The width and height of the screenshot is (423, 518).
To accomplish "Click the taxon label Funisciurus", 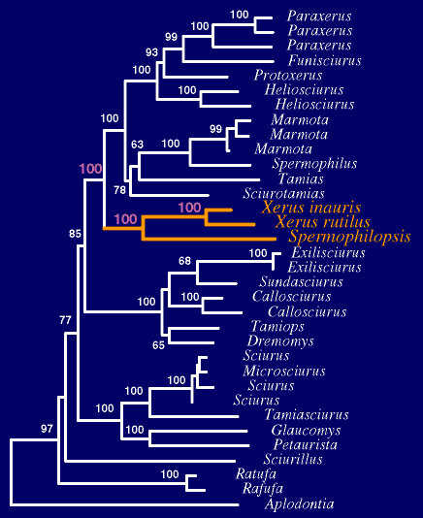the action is pos(324,60).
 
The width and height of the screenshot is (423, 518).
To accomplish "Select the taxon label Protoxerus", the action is pos(288,75).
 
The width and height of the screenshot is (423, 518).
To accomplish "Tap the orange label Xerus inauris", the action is pos(311,208).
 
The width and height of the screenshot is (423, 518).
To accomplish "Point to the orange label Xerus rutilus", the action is pos(322,222).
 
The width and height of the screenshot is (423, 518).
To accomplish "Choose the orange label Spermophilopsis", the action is pos(349,237).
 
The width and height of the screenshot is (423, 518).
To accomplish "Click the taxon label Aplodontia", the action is pos(299,504).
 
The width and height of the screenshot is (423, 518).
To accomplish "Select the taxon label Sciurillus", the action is pos(293,459).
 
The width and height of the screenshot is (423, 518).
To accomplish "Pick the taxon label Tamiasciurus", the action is pos(307,414).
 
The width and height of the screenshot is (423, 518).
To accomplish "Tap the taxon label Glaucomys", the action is pos(306,430).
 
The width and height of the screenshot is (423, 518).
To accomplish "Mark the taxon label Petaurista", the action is pos(306,444).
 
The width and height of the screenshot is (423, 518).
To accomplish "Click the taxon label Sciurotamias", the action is pos(283,193).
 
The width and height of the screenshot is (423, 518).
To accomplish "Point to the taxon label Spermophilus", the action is pos(314,164).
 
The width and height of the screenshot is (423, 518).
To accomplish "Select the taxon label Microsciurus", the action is pos(284,371).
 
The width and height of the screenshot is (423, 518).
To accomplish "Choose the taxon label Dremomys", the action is pos(280,340).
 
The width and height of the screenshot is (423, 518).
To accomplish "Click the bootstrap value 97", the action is pos(47,429).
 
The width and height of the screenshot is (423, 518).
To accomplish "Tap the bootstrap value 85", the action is pos(75,234).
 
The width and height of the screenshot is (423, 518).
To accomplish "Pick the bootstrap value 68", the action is pos(184,261).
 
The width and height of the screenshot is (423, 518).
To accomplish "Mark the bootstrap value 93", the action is pos(151,52).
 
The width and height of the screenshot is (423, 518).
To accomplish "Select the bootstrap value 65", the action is pos(158,345).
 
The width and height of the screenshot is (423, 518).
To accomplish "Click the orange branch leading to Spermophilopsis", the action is pos(210,239).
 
